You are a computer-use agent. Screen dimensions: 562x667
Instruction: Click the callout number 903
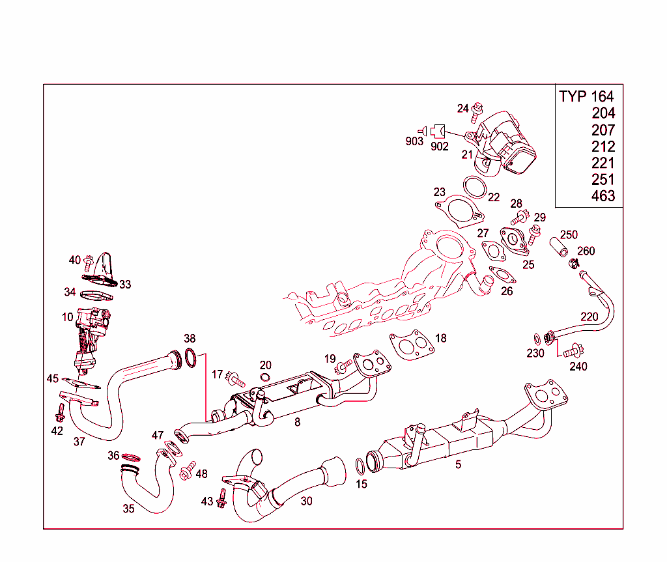click(414, 141)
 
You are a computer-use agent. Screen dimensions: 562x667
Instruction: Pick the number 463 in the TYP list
click(603, 196)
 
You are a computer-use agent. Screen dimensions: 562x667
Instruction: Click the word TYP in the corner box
click(573, 96)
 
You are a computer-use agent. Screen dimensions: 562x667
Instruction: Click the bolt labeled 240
click(573, 351)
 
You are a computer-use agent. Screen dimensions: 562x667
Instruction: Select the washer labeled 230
click(536, 338)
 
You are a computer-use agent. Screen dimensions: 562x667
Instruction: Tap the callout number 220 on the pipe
click(589, 317)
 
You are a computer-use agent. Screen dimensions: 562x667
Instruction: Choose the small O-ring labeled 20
click(265, 378)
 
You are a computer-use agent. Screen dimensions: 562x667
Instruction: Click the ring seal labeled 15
click(360, 466)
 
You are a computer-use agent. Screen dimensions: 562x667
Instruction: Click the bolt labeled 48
click(187, 470)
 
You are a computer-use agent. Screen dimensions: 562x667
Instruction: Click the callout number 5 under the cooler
click(458, 464)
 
